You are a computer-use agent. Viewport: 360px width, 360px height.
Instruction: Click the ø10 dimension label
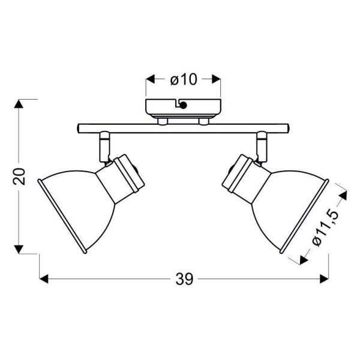coord(184,79)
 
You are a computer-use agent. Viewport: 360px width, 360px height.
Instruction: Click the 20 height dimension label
coord(19,176)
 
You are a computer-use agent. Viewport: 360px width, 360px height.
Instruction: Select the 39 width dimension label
coord(184,279)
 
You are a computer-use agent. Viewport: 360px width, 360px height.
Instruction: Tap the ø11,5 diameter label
coord(326,228)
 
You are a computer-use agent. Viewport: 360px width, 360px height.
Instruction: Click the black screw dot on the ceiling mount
coord(183,106)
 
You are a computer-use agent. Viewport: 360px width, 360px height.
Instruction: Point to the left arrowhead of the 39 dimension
coord(44,279)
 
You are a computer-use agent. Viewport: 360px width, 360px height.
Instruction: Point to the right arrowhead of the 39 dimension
coord(324,279)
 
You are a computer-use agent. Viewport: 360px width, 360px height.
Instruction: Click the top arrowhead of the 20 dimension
coord(19,104)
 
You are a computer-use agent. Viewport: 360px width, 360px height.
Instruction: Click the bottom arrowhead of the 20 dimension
coord(19,250)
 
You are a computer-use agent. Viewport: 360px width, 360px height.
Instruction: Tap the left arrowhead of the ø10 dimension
coord(151,79)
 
